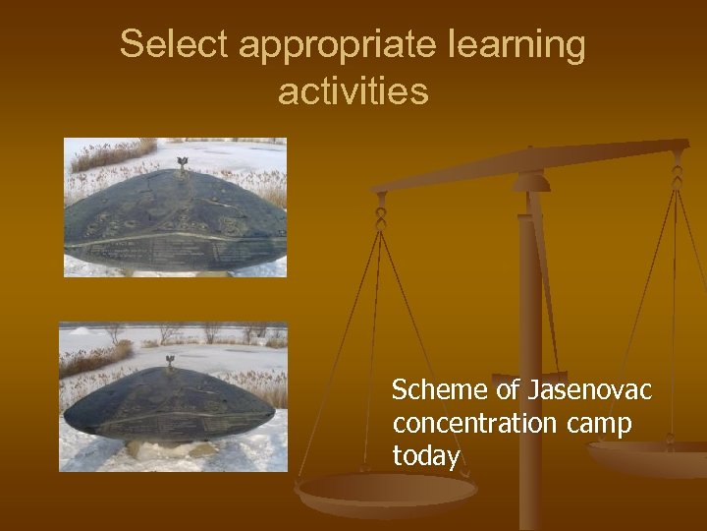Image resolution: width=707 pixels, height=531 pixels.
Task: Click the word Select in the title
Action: point(173,44)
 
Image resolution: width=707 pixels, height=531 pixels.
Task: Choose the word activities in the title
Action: point(353,91)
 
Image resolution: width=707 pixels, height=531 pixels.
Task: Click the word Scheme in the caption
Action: point(439,390)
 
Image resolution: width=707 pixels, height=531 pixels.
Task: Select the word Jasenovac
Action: point(589,390)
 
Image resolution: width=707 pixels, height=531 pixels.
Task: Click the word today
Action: point(425,456)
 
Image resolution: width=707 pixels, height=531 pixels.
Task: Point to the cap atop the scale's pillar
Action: point(531,182)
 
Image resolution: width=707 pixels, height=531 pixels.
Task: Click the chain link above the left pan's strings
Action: point(380,209)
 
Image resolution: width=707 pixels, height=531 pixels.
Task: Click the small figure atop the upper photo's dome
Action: point(181,163)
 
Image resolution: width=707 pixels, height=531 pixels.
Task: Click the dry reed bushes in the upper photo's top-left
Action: point(108,154)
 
